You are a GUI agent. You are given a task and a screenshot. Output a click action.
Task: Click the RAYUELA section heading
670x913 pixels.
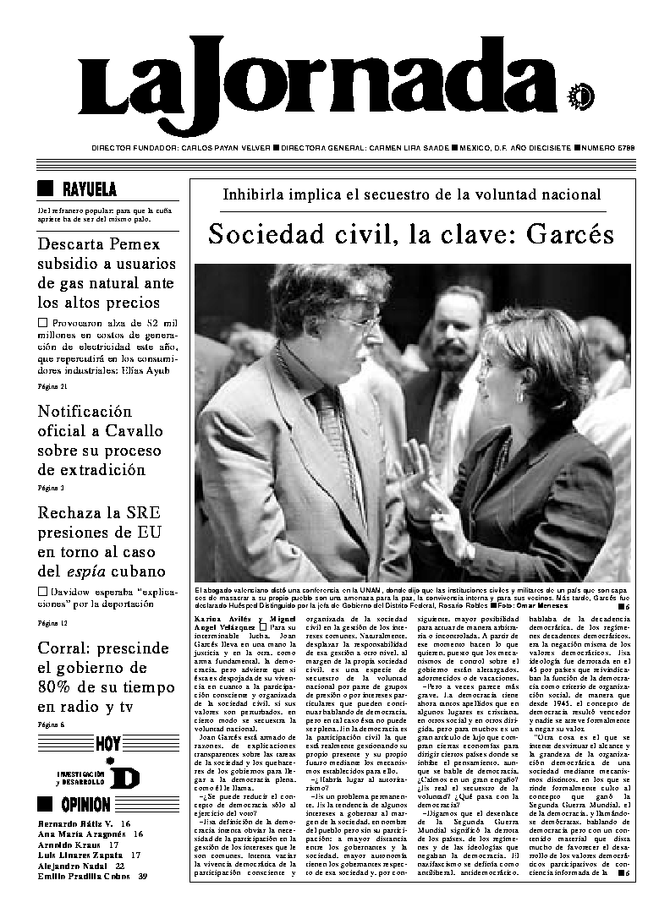89,189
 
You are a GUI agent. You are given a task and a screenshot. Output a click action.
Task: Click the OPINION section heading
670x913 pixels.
85,804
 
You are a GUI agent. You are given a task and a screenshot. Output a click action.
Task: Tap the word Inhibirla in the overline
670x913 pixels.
255,194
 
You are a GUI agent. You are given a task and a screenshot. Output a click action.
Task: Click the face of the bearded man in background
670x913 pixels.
456,328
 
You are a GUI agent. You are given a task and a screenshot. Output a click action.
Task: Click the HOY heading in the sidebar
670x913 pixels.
107,745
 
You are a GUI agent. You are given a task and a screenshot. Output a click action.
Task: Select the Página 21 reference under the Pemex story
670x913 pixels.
52,385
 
